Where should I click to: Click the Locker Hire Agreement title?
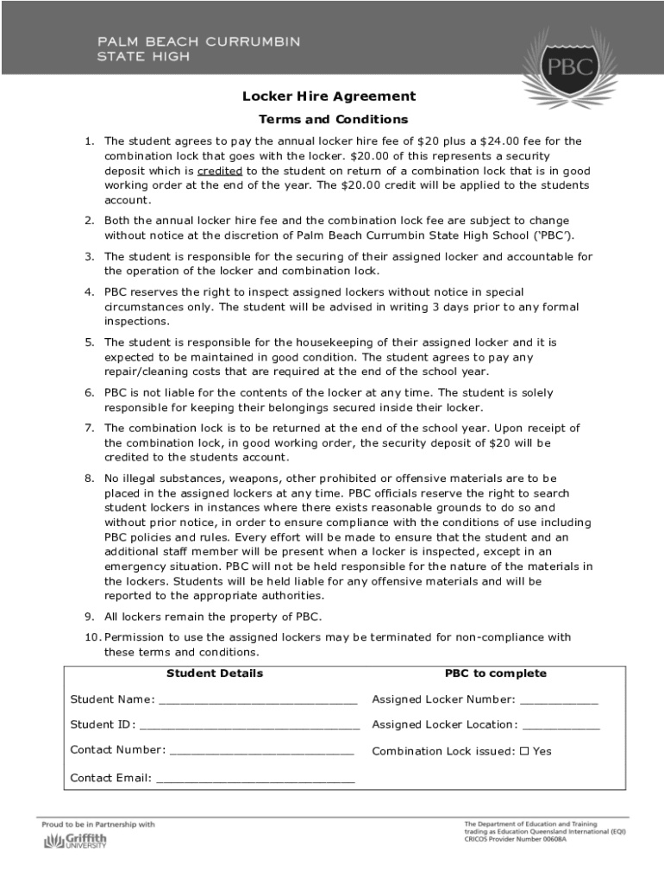tap(316, 97)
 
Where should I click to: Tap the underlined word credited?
tap(220, 171)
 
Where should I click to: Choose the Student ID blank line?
tap(249, 725)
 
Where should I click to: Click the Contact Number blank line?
tap(261, 750)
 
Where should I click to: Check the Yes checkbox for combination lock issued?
tap(524, 750)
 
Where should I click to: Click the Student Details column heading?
tap(215, 673)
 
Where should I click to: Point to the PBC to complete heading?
tap(495, 673)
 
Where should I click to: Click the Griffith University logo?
tap(76, 841)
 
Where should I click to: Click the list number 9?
tap(89, 617)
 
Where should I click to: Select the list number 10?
tap(92, 637)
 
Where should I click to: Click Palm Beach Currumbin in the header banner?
tap(198, 41)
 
